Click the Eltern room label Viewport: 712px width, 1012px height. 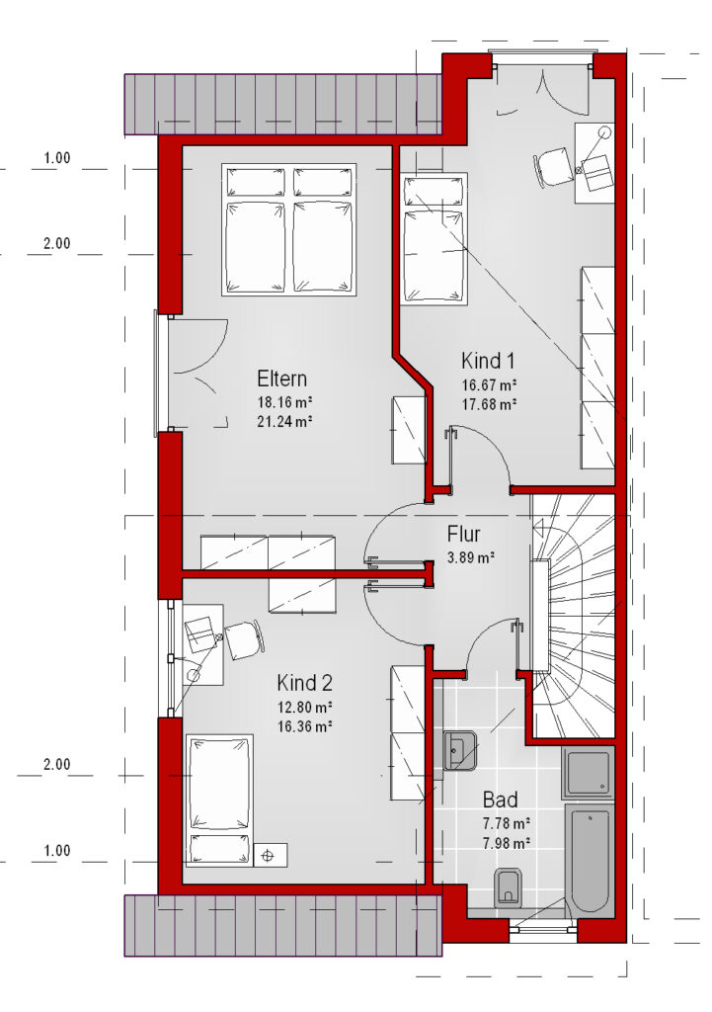tap(281, 379)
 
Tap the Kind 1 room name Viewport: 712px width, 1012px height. tap(488, 360)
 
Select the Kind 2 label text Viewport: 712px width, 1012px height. tap(304, 682)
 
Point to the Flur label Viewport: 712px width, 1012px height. tap(463, 535)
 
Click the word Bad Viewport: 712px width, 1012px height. tap(501, 801)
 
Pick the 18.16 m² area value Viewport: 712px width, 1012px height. tap(285, 403)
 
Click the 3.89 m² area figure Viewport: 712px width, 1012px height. tap(471, 557)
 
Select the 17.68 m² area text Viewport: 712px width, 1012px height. tap(489, 404)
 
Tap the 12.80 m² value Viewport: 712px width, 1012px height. tap(304, 706)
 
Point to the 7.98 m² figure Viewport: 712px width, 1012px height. tap(507, 843)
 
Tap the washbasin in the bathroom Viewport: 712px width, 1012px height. tap(459, 751)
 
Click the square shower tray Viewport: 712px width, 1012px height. tap(589, 773)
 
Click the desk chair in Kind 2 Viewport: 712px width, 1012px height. tap(245, 639)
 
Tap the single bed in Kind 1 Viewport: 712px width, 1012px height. tap(435, 237)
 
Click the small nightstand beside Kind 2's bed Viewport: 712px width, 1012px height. tap(271, 855)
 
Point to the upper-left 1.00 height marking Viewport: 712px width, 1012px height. tap(56, 158)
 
